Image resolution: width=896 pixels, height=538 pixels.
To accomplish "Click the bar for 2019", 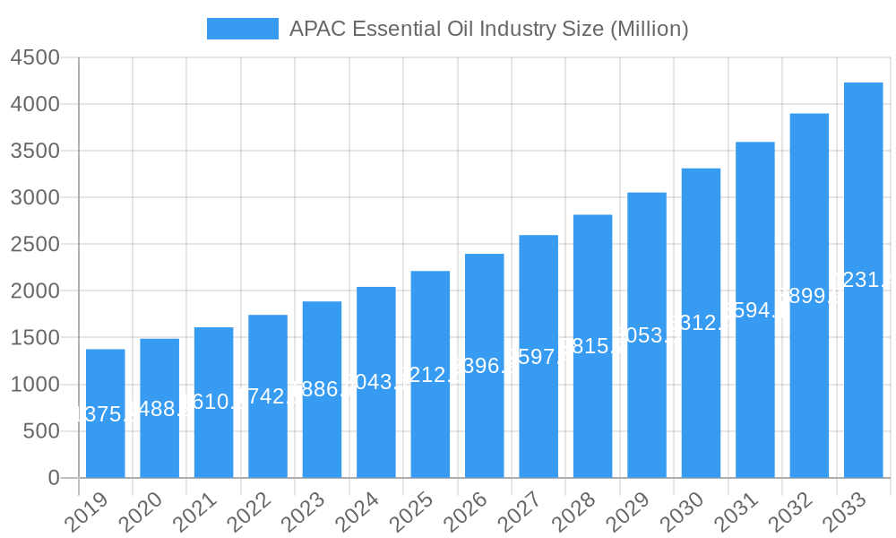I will [x=106, y=413].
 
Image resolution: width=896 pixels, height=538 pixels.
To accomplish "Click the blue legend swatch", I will [x=243, y=29].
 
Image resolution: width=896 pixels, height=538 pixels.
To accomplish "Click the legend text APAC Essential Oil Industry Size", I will [x=488, y=29].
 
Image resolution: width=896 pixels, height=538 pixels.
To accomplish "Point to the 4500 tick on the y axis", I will [x=35, y=58].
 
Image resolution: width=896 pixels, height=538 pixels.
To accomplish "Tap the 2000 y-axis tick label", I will [x=35, y=291].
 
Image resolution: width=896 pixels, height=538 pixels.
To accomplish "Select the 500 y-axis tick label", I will [x=41, y=431].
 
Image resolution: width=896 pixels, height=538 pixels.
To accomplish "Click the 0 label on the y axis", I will [x=54, y=478].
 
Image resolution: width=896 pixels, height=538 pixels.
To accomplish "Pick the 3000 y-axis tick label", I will [x=35, y=198].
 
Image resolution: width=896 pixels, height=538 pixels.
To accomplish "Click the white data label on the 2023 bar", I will [x=322, y=389].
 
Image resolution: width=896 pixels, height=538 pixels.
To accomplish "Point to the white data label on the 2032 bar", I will [x=809, y=296].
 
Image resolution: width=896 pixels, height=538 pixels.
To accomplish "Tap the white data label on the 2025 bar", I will [x=430, y=375].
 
